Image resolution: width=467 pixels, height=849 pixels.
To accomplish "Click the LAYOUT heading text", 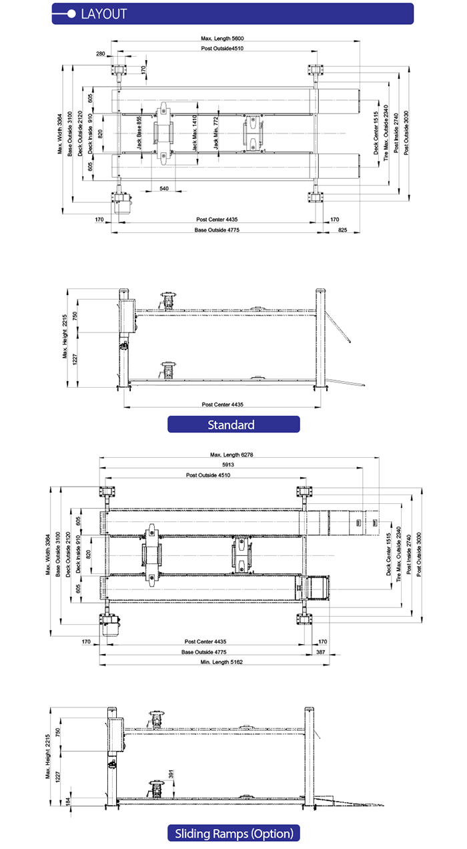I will coord(103,13).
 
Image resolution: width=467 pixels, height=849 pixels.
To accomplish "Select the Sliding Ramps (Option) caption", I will coord(233,833).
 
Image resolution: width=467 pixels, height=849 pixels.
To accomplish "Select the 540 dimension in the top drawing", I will coord(164,189).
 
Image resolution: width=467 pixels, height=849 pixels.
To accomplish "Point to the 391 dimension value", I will coord(171,774).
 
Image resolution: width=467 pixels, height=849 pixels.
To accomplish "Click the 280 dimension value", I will coord(100,53).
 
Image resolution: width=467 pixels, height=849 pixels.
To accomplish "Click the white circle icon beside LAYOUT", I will coord(71,13).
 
